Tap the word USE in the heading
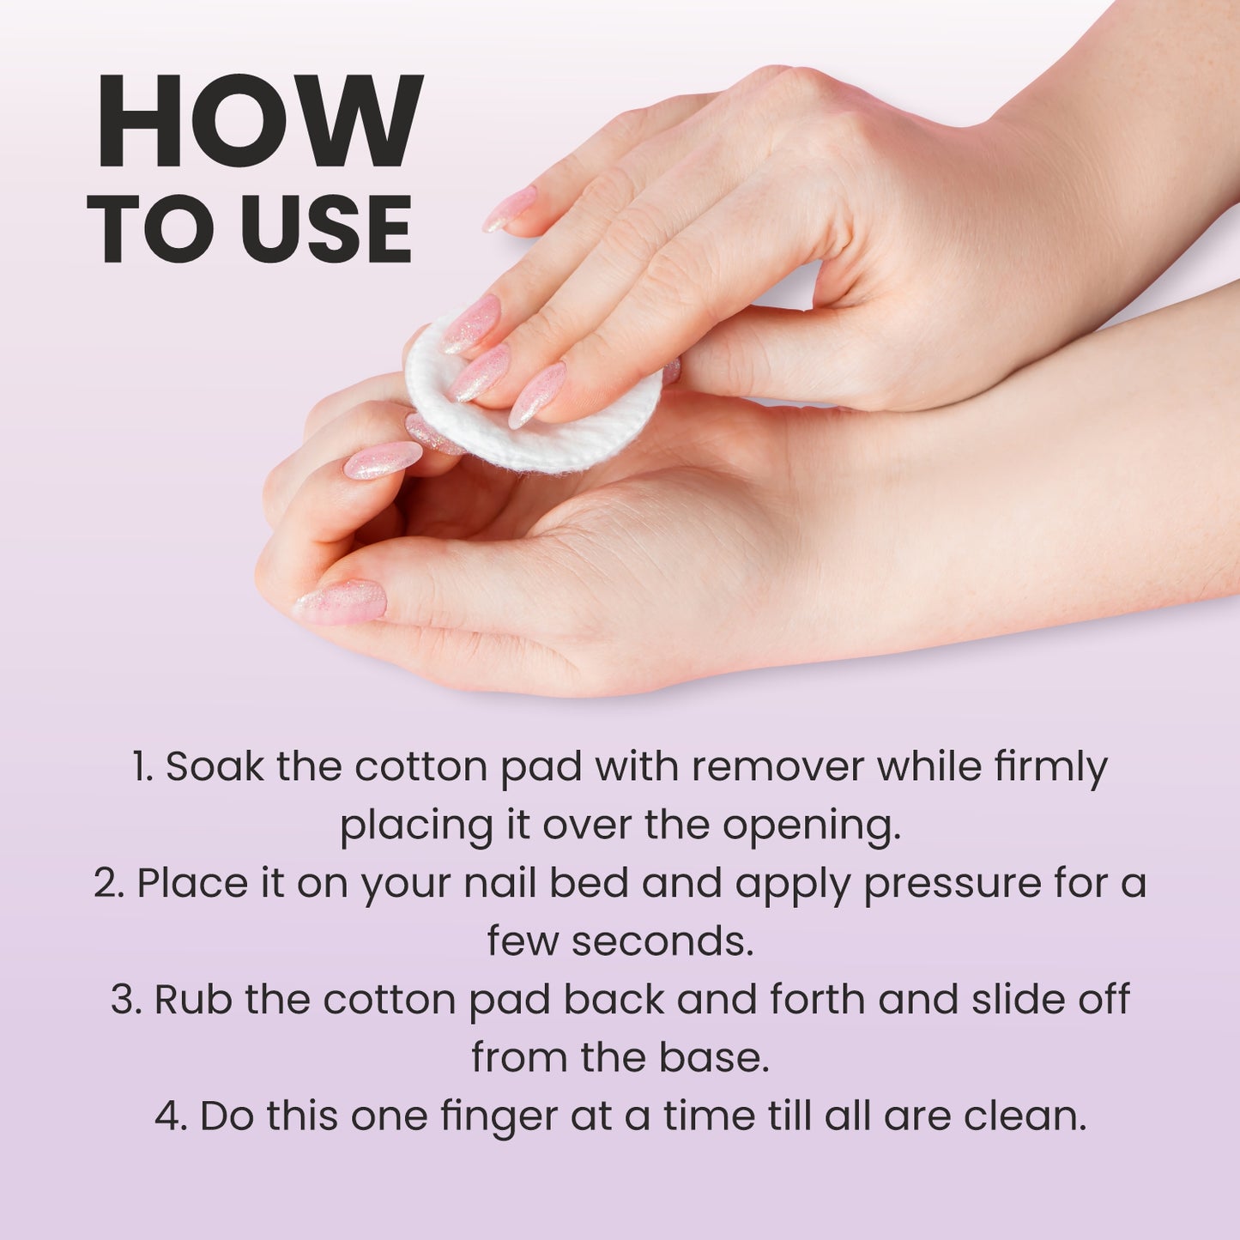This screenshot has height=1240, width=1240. click(x=327, y=229)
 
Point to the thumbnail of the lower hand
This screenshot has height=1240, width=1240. click(x=341, y=602)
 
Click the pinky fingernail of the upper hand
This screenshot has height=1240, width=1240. click(x=510, y=209)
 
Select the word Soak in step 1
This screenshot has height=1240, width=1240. click(x=215, y=767)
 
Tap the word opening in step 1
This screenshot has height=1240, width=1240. click(x=811, y=826)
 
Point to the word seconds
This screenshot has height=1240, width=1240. click(x=662, y=942)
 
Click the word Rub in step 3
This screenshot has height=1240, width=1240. click(x=193, y=1000)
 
